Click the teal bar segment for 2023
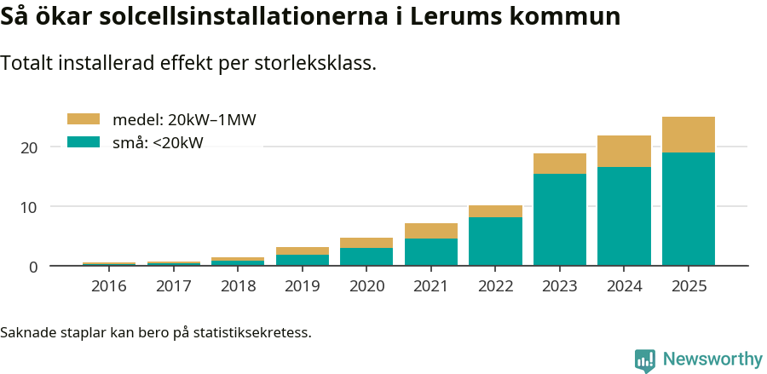coord(560,220)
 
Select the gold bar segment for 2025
coord(689,135)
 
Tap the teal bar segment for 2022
coord(495,241)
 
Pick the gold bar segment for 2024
coord(624,151)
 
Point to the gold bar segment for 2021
coord(431,231)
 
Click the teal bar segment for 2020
coord(366,256)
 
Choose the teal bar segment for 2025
coord(689,209)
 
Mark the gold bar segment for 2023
coord(560,164)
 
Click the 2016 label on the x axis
coord(109,286)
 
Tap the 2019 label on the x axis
coord(303,286)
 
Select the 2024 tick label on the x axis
coord(624,286)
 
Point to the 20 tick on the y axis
coord(30,147)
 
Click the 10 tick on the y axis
coord(30,207)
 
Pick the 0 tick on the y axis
coord(33,267)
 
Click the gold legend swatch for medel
coord(84,119)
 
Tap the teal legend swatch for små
coord(84,142)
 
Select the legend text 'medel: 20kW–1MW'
coord(184,120)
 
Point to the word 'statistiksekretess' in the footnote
coord(252,332)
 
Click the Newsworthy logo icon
coord(644,360)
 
